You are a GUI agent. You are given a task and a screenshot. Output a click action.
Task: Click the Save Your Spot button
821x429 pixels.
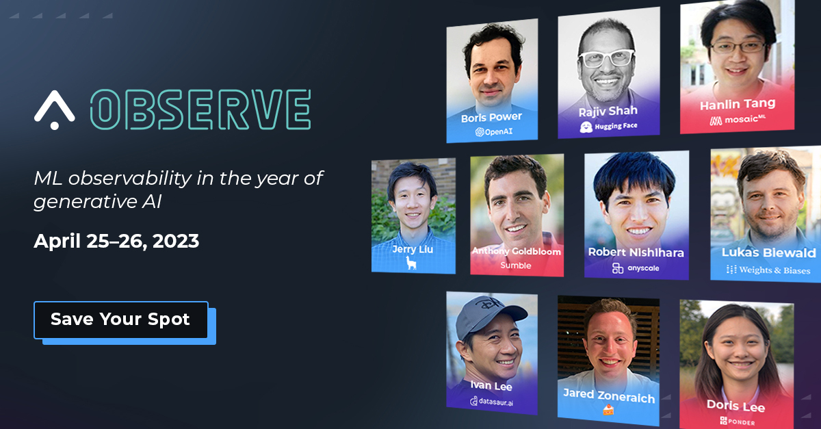(121, 320)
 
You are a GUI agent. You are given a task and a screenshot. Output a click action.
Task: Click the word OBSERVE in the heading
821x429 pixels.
(200, 109)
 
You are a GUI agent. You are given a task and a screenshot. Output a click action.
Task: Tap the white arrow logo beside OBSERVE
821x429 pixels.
(54, 109)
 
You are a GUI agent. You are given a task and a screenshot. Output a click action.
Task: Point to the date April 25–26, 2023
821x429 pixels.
(116, 242)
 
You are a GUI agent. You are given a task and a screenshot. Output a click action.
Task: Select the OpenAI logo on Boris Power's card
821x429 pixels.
(494, 131)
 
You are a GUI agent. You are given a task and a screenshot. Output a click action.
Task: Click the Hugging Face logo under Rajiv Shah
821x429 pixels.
(609, 127)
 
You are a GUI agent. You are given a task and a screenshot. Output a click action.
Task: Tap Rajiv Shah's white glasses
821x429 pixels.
(606, 58)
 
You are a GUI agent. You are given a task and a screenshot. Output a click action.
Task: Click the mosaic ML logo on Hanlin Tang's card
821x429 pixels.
(738, 120)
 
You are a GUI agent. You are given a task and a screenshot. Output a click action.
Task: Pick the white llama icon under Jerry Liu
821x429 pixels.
(411, 263)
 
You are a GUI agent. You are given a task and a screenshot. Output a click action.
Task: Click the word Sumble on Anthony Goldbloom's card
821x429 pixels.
(516, 265)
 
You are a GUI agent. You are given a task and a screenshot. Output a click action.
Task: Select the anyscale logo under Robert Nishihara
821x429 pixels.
(636, 268)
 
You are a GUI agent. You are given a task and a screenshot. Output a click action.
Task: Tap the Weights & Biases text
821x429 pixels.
(768, 270)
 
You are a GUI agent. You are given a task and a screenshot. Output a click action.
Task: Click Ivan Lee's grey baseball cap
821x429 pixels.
(487, 315)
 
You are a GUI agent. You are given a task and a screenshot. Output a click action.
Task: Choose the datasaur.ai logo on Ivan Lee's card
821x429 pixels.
(491, 402)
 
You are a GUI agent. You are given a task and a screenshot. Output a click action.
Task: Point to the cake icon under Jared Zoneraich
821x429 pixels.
(608, 410)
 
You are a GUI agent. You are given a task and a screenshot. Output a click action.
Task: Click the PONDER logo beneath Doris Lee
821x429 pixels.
(738, 421)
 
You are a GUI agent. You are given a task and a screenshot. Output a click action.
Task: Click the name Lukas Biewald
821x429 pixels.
(769, 252)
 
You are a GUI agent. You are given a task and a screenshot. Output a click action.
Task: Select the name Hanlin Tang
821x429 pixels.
(738, 105)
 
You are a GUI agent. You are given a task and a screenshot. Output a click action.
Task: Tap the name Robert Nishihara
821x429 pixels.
(636, 252)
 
